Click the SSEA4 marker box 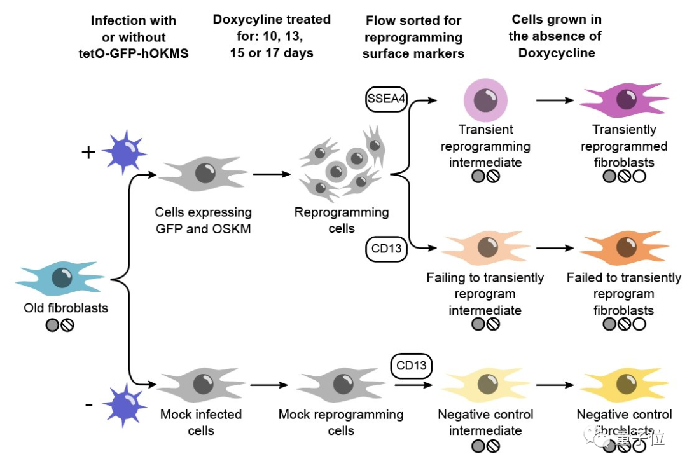click(x=386, y=99)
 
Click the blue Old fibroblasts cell click(x=60, y=278)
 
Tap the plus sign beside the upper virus click(x=88, y=153)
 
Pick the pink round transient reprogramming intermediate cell click(x=485, y=100)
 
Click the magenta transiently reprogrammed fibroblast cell click(x=623, y=101)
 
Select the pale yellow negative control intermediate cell click(x=485, y=384)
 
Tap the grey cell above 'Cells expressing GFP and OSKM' click(x=202, y=172)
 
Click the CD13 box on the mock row click(x=412, y=366)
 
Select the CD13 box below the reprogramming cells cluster click(x=386, y=249)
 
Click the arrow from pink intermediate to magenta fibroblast click(x=557, y=100)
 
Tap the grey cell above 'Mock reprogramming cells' click(x=341, y=384)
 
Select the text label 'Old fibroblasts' click(x=66, y=308)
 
